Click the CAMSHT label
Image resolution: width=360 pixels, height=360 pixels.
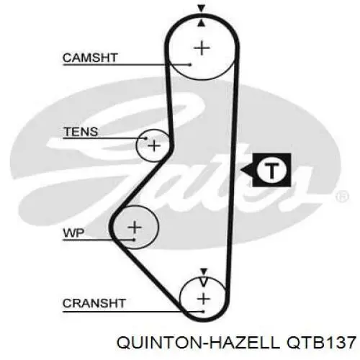tap(90, 58)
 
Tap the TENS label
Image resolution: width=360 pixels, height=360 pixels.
tap(81, 132)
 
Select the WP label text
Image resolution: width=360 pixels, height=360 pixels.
tap(73, 233)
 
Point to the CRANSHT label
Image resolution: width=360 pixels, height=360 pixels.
tap(94, 303)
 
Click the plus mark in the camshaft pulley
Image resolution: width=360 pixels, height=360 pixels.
tap(202, 48)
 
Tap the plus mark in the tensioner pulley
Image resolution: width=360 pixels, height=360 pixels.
tap(154, 146)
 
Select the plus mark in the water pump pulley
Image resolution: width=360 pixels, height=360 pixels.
tap(135, 228)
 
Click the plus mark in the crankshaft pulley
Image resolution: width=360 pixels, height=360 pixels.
tap(204, 299)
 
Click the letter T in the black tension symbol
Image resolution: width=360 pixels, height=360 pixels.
tap(271, 170)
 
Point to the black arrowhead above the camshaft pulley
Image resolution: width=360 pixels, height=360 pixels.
tap(202, 9)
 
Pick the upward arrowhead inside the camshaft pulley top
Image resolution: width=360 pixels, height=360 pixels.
tap(202, 23)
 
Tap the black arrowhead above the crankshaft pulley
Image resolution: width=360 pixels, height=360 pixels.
tap(204, 271)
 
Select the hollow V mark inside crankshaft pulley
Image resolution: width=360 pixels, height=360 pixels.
tap(204, 282)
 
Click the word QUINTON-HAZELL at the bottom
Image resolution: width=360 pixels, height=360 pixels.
tap(198, 343)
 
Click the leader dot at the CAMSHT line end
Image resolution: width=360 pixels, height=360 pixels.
tap(190, 64)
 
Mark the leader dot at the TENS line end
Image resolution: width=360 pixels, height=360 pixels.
tap(145, 138)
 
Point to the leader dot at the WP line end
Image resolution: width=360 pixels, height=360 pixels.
tap(135, 239)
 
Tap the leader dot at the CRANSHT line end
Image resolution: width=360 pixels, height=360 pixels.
tap(203, 312)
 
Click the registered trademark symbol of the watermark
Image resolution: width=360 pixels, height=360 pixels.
tap(342, 197)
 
